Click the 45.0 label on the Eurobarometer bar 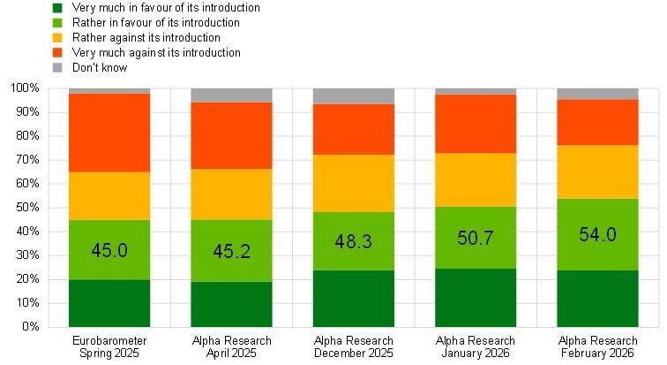point(109,250)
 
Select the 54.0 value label point(597,234)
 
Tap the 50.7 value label point(476,238)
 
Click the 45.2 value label point(231,250)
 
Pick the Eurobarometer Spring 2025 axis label point(109,346)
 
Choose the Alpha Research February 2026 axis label point(597,346)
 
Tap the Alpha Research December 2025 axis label point(353,346)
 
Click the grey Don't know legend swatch point(57,68)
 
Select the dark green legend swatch point(57,7)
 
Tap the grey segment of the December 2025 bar point(353,95)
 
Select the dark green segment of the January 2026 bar point(476,298)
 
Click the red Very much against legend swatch point(57,53)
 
